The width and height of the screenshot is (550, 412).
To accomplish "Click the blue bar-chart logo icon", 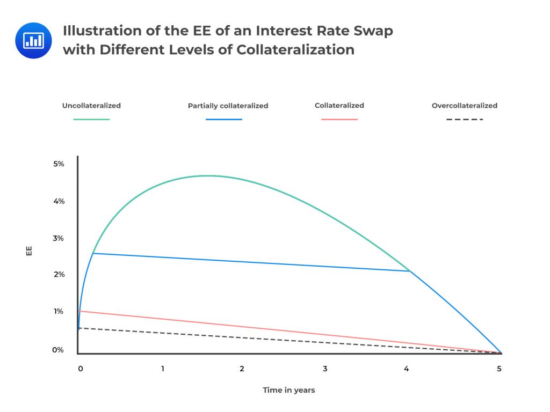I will [33, 40].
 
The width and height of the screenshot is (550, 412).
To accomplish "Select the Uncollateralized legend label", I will [91, 106].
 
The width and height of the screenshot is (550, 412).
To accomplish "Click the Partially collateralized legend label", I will [228, 106].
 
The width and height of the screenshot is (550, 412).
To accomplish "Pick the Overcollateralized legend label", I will [465, 106].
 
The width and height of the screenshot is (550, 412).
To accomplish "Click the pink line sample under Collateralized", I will [339, 119].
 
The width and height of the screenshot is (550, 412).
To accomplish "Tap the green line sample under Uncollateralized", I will [91, 119].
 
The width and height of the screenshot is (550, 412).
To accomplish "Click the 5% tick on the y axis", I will [59, 164].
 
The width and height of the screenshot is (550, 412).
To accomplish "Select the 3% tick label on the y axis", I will [59, 238].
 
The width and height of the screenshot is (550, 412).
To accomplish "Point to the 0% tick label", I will [58, 350].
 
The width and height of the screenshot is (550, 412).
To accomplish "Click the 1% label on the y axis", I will [58, 312].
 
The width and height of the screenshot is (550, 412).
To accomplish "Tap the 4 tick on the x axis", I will [407, 369].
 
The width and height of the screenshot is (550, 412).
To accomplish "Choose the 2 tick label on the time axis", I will [242, 369].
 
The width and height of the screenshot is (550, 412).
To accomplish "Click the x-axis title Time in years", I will [289, 390].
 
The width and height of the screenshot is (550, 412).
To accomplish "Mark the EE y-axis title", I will [29, 251].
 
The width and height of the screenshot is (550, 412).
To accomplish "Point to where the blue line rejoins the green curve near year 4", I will [410, 271].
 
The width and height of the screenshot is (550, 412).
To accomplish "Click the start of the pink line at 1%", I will [80, 311].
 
